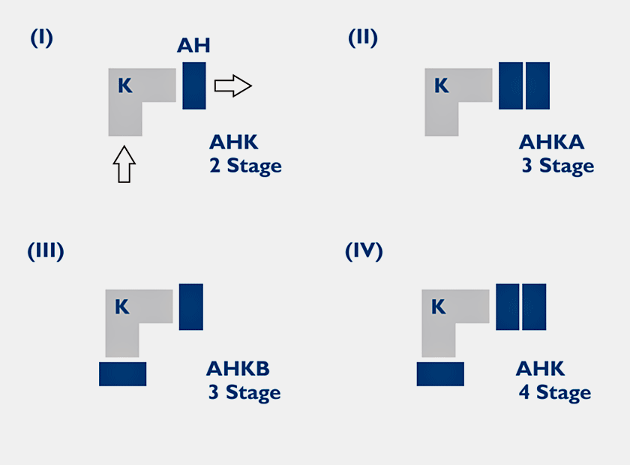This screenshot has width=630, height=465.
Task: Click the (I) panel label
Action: point(41,38)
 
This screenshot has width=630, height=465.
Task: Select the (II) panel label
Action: point(363,38)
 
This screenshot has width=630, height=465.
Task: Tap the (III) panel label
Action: point(46,251)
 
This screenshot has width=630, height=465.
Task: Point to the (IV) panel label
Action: point(364,251)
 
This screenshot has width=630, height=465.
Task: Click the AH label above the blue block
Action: point(193,46)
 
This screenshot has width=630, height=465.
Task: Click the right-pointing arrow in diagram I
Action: point(232,85)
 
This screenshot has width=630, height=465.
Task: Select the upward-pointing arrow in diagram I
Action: point(125,163)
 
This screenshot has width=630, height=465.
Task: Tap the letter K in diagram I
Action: point(124,86)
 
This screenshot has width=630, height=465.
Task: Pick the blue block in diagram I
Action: point(193,85)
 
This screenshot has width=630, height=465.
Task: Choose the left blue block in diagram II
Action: point(511,85)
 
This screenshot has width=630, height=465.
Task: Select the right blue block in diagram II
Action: point(538,85)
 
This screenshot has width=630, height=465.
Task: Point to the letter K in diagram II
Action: point(441,86)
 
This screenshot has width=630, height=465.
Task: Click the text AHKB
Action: point(238,369)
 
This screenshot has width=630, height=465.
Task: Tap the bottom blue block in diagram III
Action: point(122,373)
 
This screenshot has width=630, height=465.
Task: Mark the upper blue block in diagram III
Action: point(191,307)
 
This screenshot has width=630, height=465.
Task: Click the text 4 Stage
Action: point(554,392)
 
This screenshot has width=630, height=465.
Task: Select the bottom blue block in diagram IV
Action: point(440,373)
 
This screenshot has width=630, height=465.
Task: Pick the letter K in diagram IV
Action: point(439,307)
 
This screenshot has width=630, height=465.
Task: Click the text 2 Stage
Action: point(245,166)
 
